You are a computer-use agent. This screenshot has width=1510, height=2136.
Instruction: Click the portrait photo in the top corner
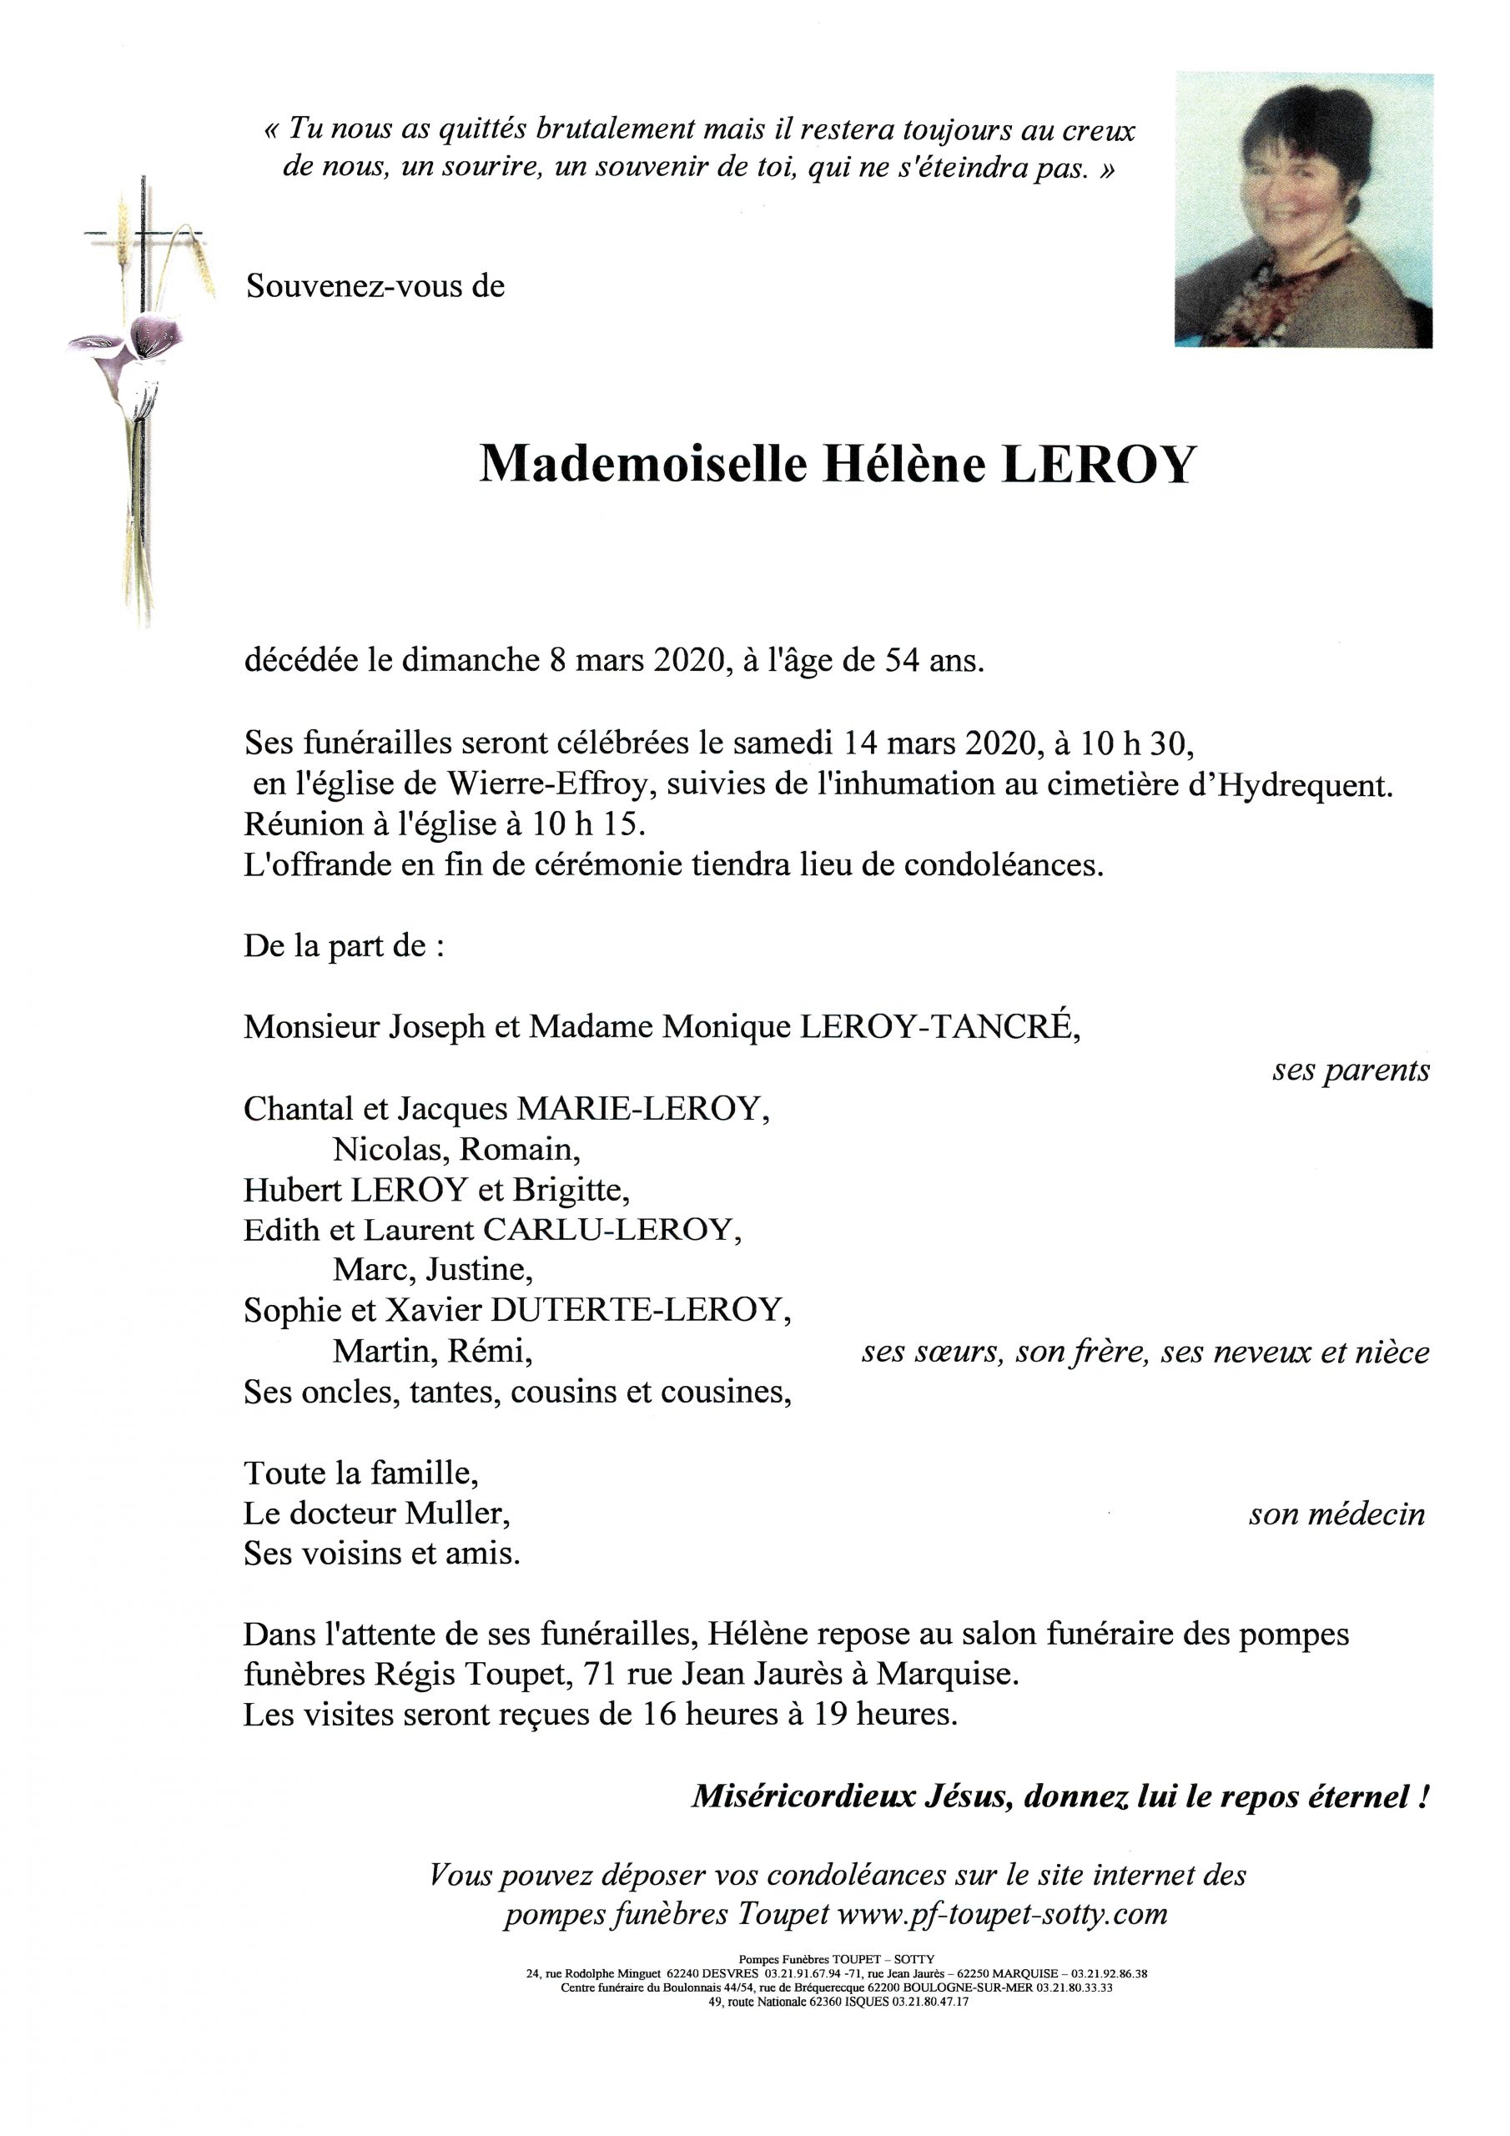point(1303,210)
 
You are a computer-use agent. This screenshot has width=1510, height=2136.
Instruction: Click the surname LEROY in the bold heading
point(1098,464)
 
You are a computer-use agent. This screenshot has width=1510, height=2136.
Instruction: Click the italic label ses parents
point(1350,1071)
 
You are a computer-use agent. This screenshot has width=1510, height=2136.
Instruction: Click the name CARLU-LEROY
point(611,1230)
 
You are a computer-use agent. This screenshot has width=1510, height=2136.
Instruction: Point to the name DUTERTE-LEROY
point(640,1310)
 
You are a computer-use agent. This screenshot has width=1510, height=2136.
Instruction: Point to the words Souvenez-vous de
point(375,285)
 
